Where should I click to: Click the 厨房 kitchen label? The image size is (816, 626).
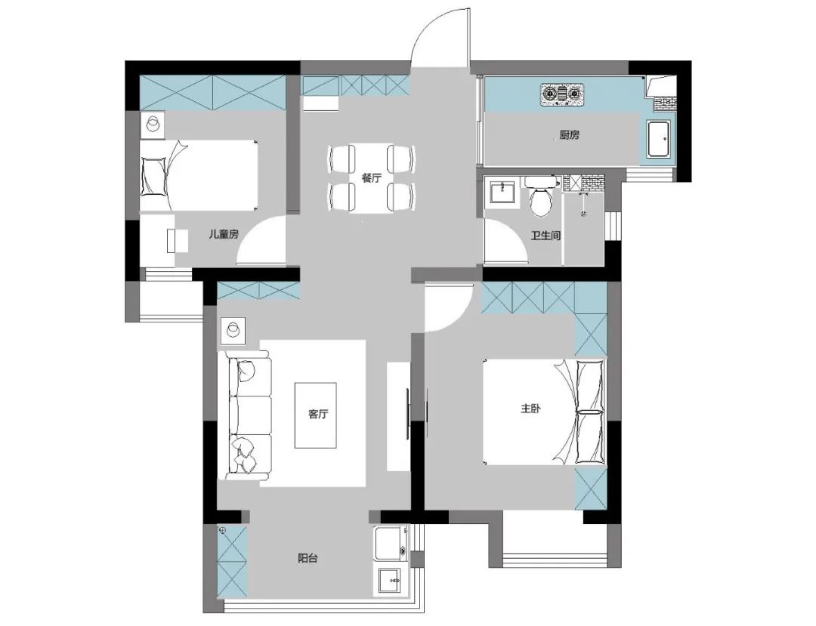coord(570,135)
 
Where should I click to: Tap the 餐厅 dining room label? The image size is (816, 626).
coord(372,178)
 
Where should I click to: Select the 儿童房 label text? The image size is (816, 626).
coord(223,234)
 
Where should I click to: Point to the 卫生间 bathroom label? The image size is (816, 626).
coord(546,236)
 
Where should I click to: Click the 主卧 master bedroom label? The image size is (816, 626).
coord(531,409)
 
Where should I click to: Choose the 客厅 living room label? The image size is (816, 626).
coord(318,415)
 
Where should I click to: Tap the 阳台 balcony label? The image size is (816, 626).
coord(308,558)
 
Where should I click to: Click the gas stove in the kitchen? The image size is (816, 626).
coord(563,94)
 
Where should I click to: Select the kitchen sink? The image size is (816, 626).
coord(660,139)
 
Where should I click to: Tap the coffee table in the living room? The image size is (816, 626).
coord(315,415)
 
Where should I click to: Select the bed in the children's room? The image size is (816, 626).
coord(199,175)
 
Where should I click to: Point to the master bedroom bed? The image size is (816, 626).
coord(544,412)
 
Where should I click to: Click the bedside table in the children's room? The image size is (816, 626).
coord(153,125)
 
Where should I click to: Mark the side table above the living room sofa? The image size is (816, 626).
coord(233,331)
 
